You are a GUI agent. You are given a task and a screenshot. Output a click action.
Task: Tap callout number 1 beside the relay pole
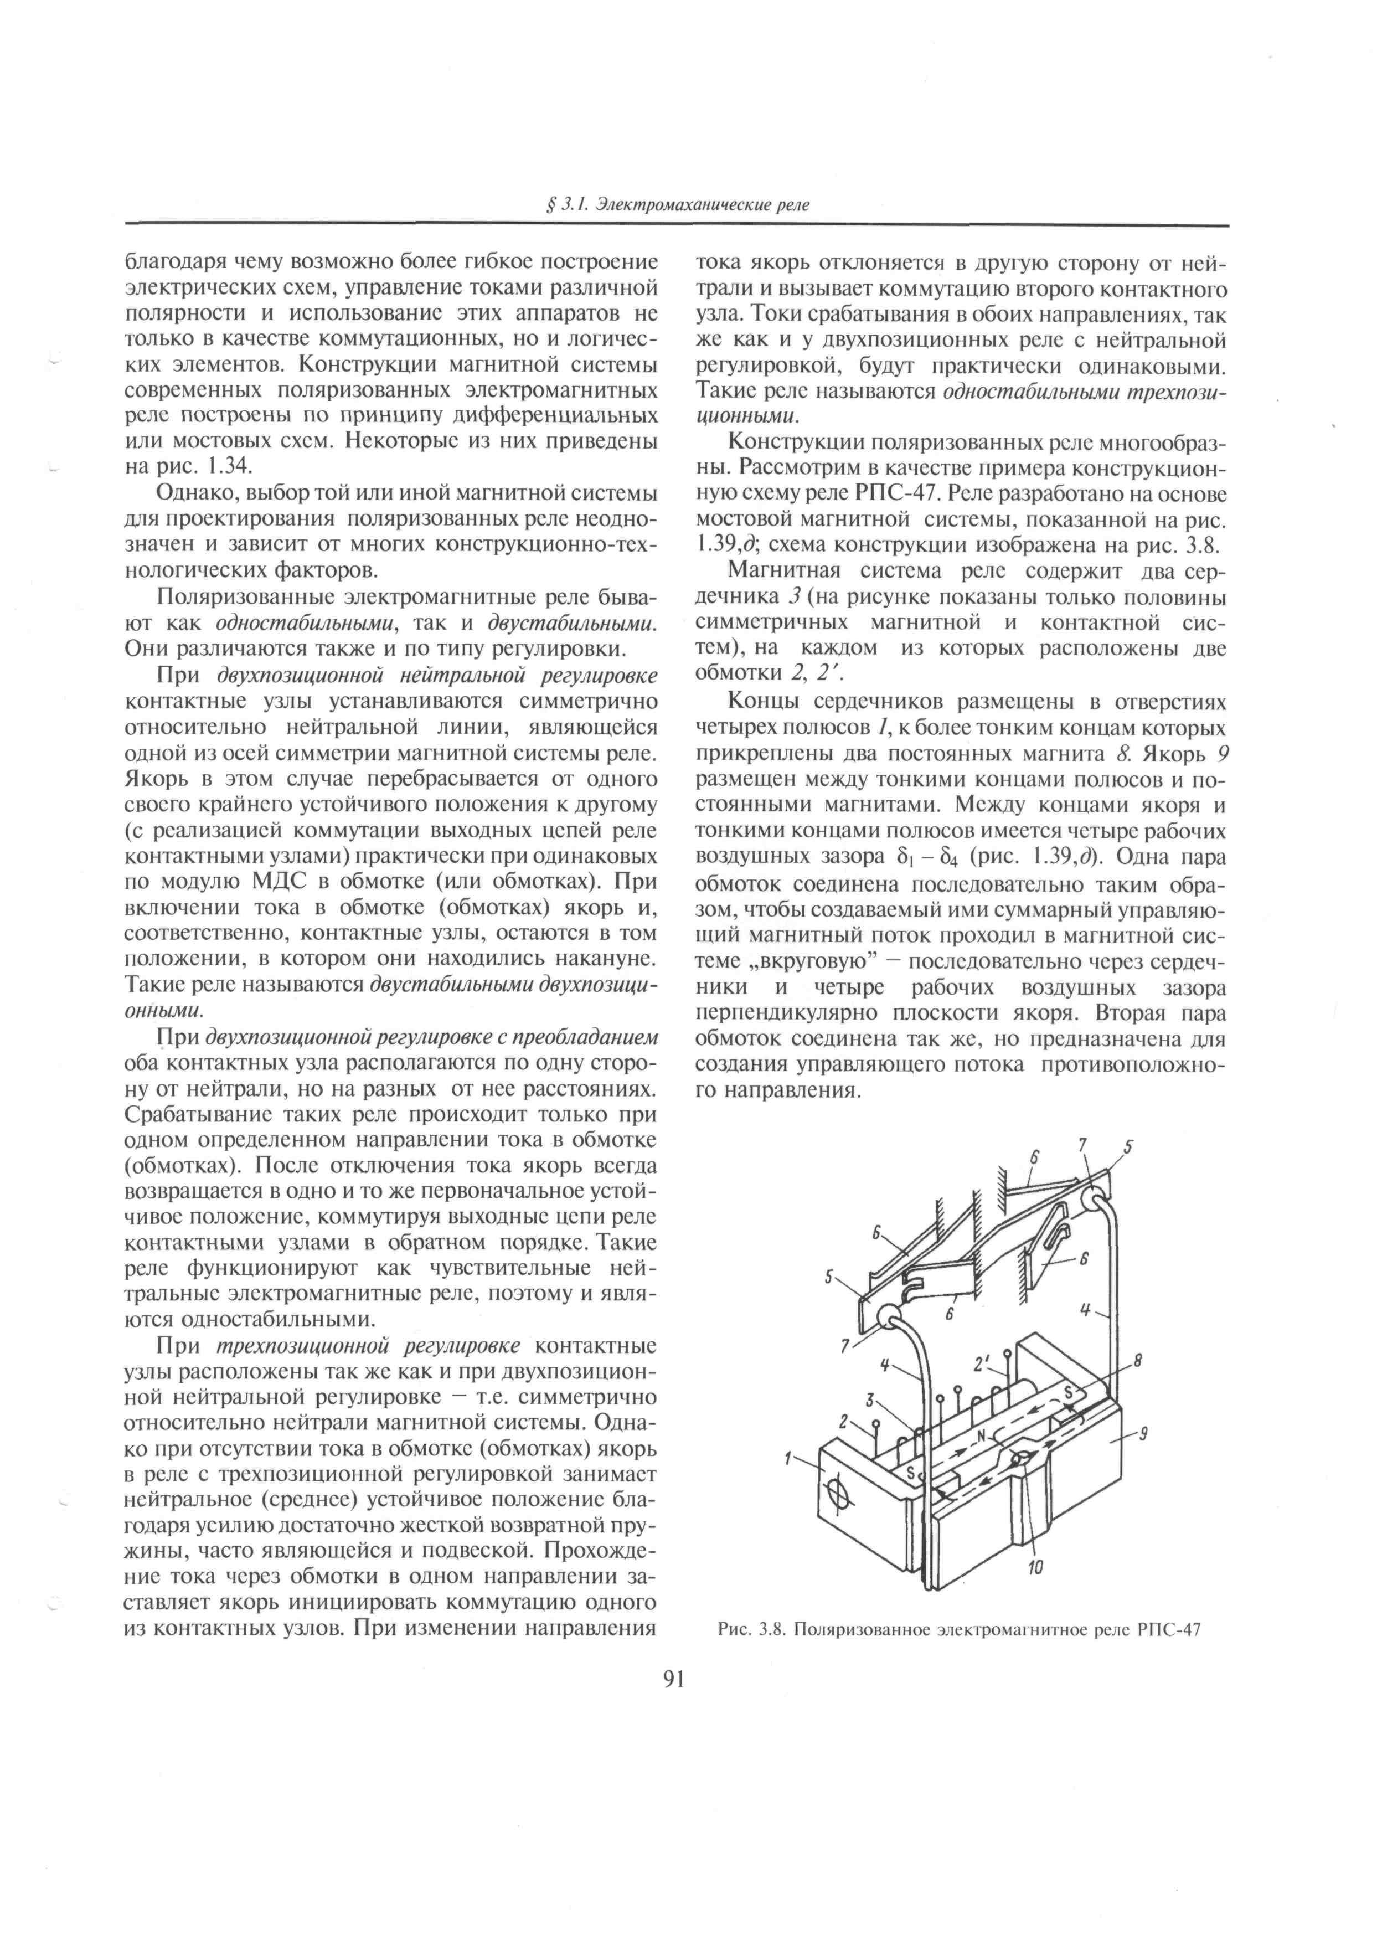coord(788,1458)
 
